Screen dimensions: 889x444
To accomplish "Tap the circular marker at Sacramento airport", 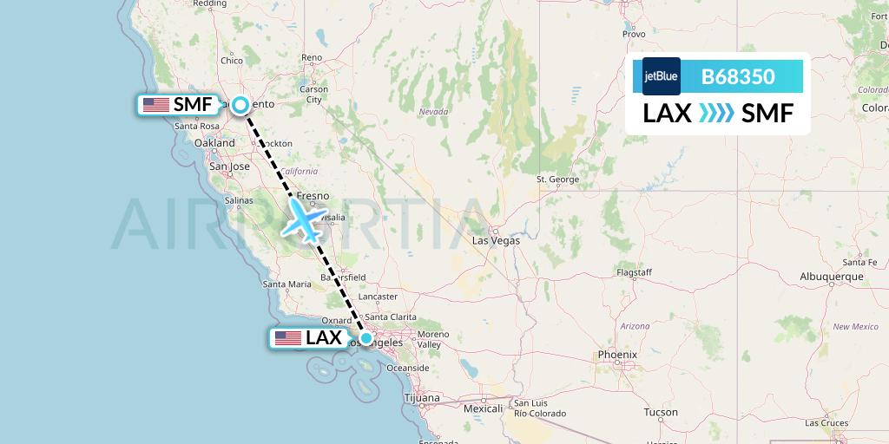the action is click(240, 105).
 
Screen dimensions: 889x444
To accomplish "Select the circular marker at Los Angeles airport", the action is click(366, 338).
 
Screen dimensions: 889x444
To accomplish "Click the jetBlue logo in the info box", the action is click(662, 76).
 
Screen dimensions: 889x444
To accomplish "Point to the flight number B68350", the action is click(738, 76).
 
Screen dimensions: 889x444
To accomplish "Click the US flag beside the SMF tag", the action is click(156, 105).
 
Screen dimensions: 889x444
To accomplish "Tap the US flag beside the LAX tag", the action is click(287, 338).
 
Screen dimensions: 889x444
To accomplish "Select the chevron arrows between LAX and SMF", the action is click(717, 114).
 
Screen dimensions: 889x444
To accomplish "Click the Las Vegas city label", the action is click(496, 240).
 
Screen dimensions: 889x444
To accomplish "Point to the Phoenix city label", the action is click(617, 355).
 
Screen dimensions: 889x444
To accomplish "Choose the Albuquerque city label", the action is click(832, 277).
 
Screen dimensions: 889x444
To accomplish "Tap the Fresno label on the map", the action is click(313, 197).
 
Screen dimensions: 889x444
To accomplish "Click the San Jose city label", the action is click(229, 166).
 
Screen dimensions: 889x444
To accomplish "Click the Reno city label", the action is click(312, 58).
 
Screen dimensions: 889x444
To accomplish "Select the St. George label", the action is click(558, 180).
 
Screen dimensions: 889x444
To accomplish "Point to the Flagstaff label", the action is click(634, 272).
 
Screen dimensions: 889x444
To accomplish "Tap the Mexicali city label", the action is click(484, 408).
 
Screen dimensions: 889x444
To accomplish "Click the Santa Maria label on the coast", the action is click(287, 284).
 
